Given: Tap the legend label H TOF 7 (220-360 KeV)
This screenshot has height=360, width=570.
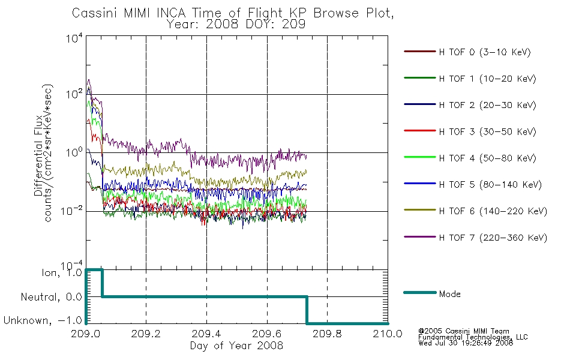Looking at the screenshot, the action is [493, 238].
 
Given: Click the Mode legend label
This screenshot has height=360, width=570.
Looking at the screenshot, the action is [449, 294].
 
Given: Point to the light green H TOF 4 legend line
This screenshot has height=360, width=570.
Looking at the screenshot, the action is [420, 157].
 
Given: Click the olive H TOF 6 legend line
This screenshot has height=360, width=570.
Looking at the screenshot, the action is [420, 210].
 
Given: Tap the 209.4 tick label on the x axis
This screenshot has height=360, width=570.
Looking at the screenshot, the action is [206, 334].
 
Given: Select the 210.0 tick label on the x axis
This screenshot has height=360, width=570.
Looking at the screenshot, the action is [388, 334].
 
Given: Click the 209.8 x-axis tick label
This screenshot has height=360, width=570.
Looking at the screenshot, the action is [327, 334].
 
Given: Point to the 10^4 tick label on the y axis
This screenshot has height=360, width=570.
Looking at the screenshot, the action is [74, 38].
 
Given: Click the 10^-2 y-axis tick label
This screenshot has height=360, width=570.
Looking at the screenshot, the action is [71, 211].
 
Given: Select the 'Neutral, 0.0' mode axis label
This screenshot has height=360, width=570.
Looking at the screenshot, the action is [51, 297].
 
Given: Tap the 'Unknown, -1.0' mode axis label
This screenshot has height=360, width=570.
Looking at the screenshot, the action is [43, 320].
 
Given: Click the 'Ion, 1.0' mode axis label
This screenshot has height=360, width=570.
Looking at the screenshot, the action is [62, 272].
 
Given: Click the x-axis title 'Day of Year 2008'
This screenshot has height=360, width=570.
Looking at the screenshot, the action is [236, 345].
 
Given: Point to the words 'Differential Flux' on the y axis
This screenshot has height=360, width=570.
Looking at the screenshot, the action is [38, 156].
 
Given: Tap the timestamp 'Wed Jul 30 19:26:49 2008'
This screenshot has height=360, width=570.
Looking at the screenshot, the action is [466, 343].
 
